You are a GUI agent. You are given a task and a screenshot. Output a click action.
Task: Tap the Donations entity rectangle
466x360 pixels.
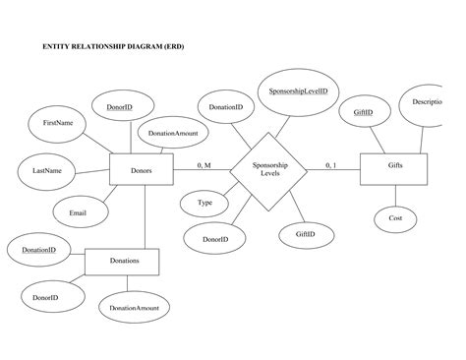coord(122,261)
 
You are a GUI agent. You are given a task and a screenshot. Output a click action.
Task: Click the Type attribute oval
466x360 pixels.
coord(205,203)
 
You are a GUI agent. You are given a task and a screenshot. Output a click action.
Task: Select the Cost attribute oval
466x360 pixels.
coord(395,217)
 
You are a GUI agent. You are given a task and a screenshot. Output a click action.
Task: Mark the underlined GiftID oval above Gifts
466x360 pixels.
coord(364,114)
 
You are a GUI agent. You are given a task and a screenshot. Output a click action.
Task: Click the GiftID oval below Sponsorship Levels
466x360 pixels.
coord(306,234)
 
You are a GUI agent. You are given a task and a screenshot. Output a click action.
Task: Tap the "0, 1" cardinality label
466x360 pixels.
coord(331,164)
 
